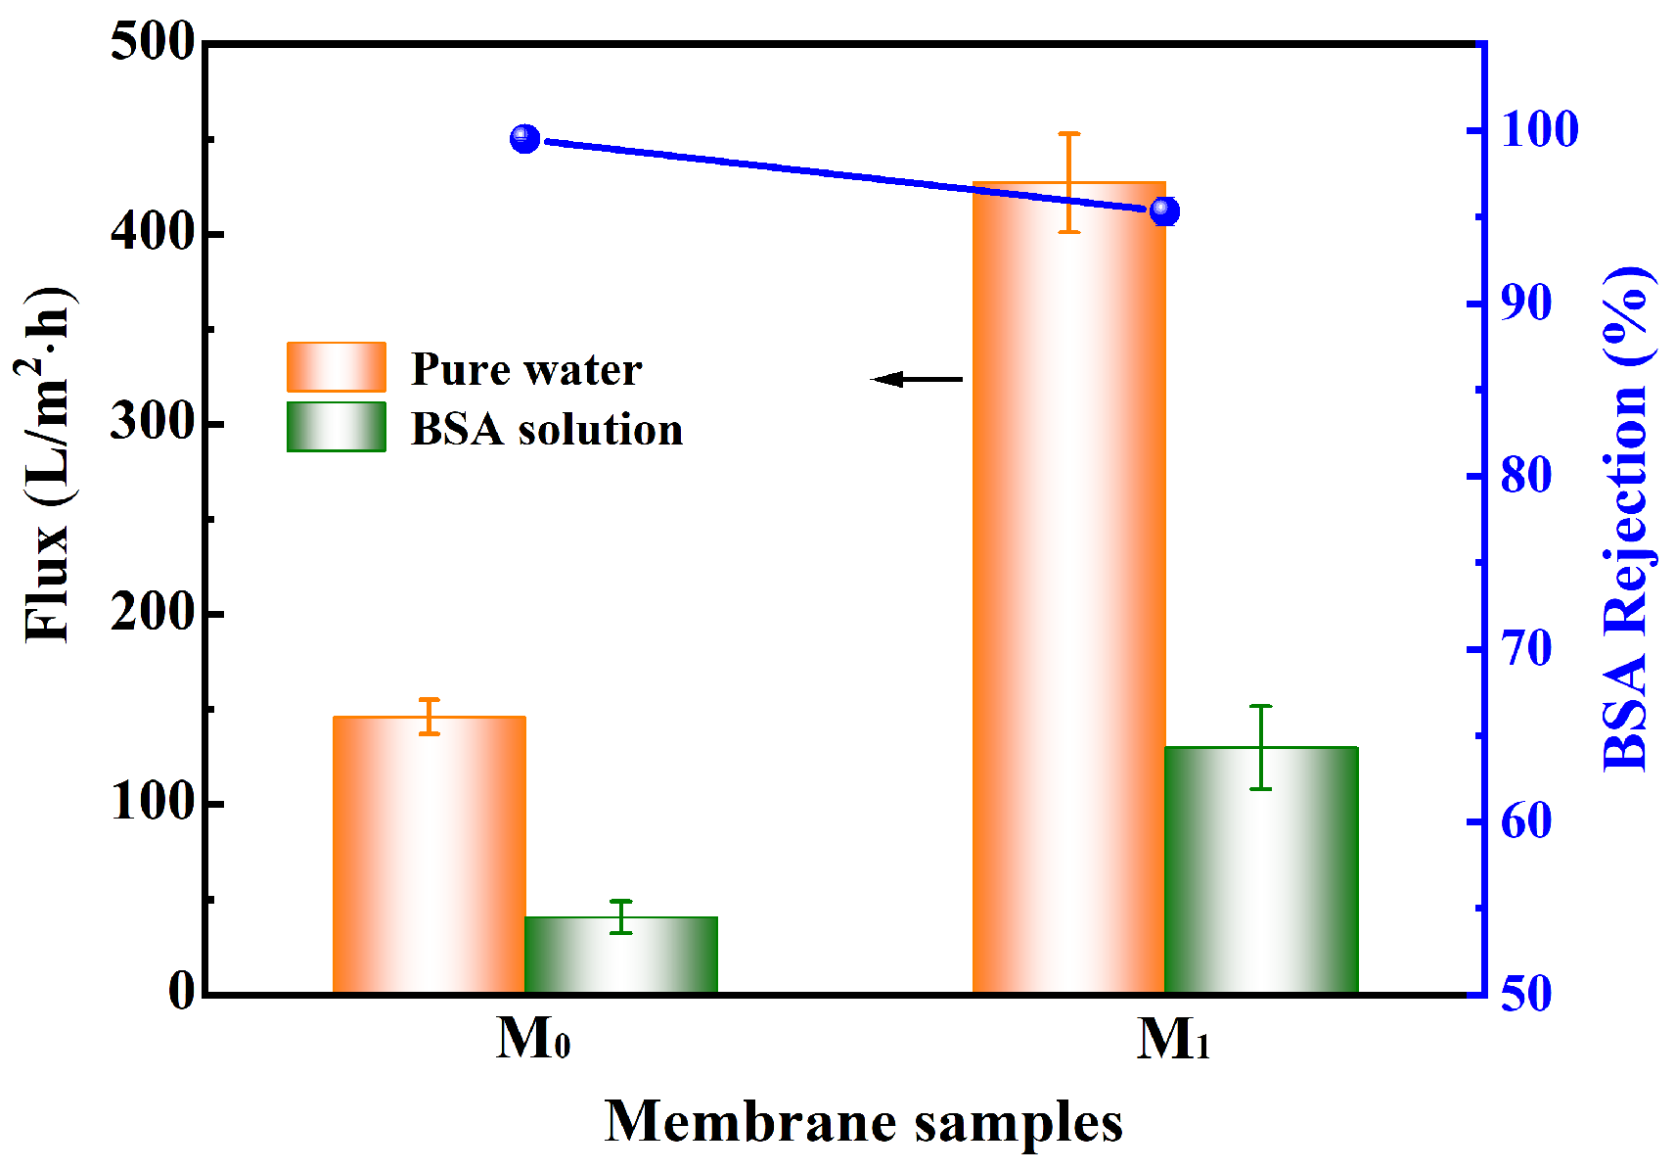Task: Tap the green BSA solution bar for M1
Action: coord(1261,870)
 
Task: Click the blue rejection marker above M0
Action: coord(525,138)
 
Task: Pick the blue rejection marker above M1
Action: coord(1164,211)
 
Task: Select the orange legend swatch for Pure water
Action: coord(336,367)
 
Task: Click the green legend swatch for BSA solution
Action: coord(336,427)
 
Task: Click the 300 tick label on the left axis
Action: coord(152,423)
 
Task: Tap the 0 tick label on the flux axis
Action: coord(182,992)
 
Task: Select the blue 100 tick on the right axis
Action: coord(1539,129)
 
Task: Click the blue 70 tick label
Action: coord(1526,648)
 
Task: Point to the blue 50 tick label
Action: coord(1526,994)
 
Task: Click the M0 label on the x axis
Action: coord(533,1039)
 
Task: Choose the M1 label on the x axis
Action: coord(1173,1039)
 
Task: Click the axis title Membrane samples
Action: coord(863,1122)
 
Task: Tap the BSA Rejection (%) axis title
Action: coord(1627,519)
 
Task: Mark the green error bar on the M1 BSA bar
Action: coord(1261,746)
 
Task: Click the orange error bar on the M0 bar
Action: coord(429,716)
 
